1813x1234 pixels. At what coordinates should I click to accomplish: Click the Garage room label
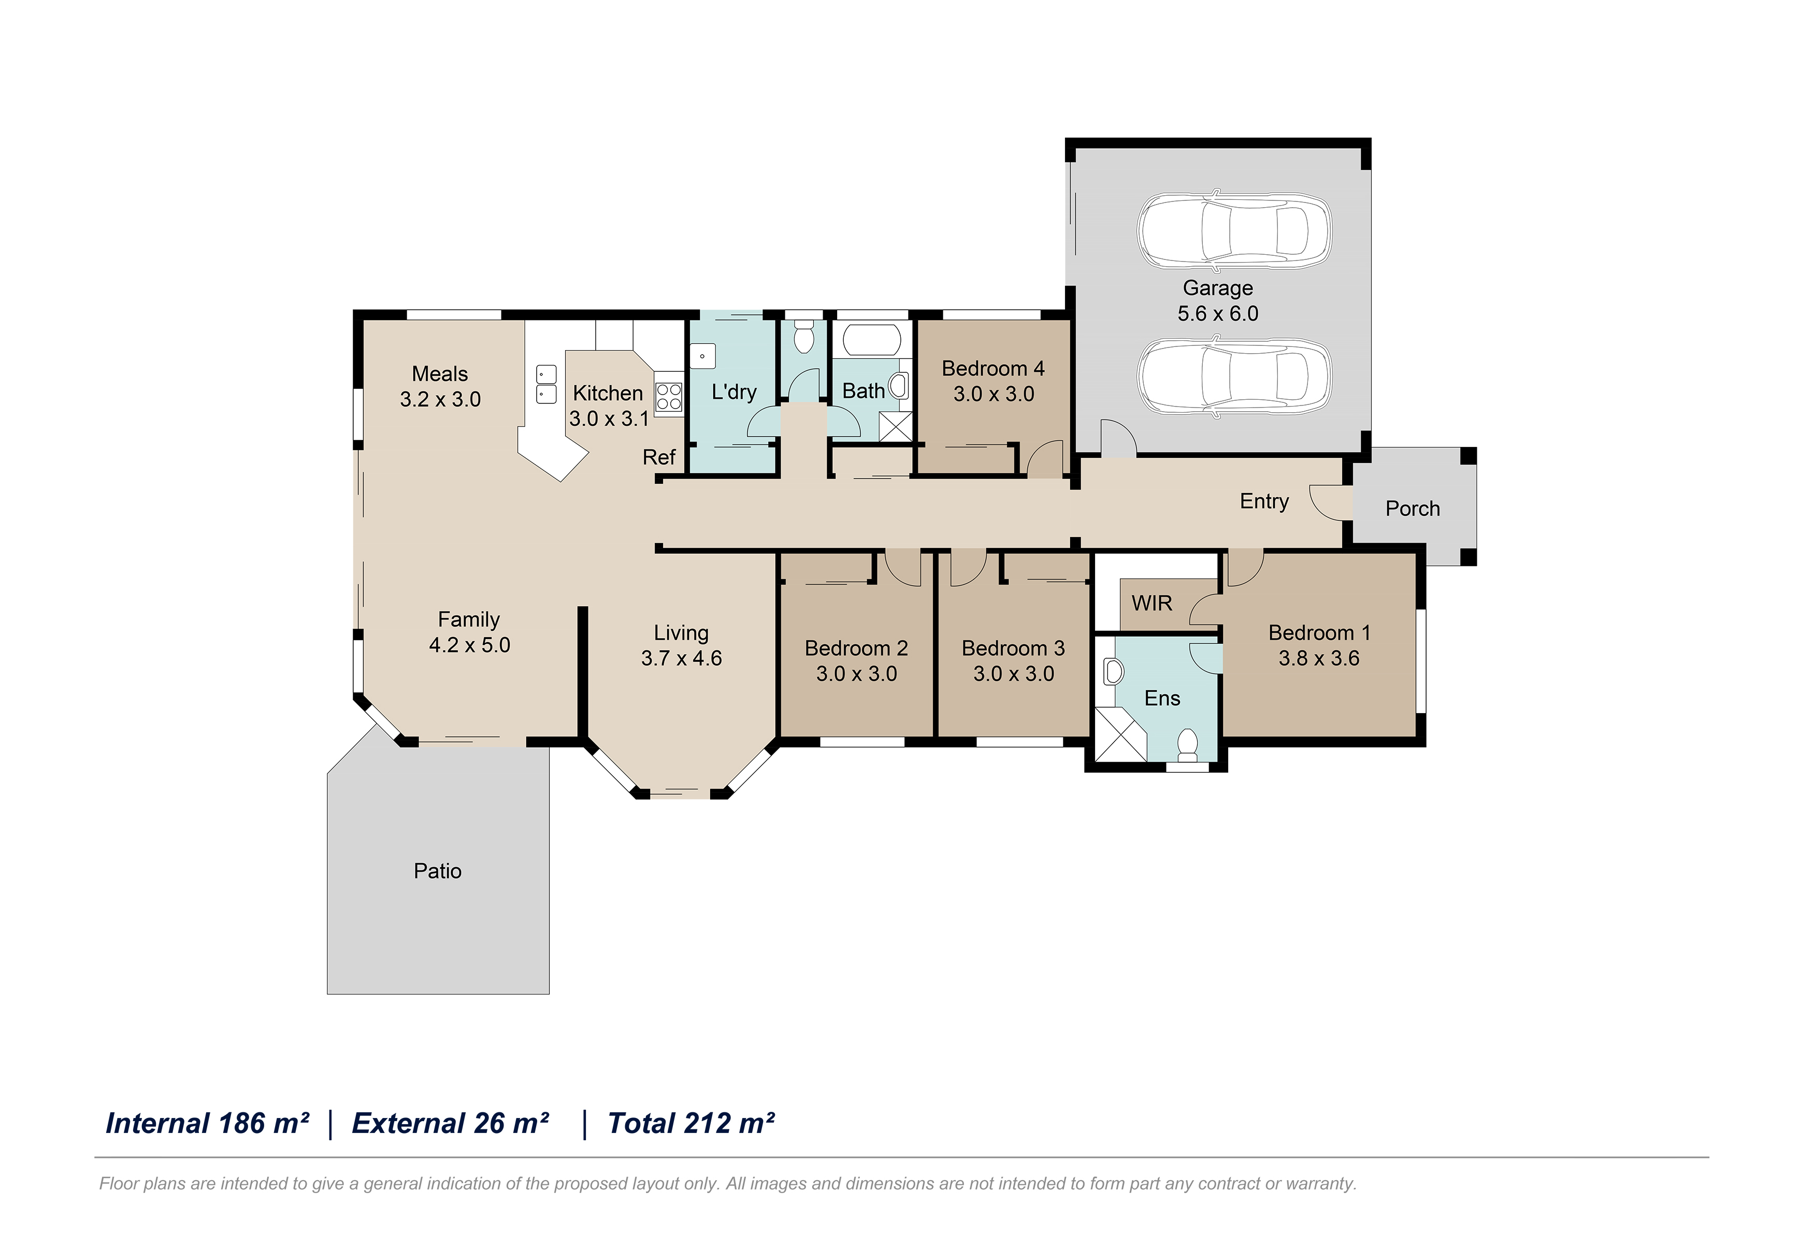(1218, 288)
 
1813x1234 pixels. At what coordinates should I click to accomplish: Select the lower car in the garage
(1234, 377)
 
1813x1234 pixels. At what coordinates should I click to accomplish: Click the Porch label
(1412, 509)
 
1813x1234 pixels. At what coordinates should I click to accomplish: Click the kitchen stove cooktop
(669, 396)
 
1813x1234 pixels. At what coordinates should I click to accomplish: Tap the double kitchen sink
(546, 384)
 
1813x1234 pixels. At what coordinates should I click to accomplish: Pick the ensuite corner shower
(1120, 734)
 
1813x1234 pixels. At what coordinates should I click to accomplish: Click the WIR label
(1152, 603)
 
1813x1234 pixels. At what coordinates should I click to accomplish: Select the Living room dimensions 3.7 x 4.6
(681, 658)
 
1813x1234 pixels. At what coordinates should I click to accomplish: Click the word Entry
(1264, 502)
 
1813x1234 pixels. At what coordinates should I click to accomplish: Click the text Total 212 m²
(690, 1123)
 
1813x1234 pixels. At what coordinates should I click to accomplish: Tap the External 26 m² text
(450, 1123)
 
